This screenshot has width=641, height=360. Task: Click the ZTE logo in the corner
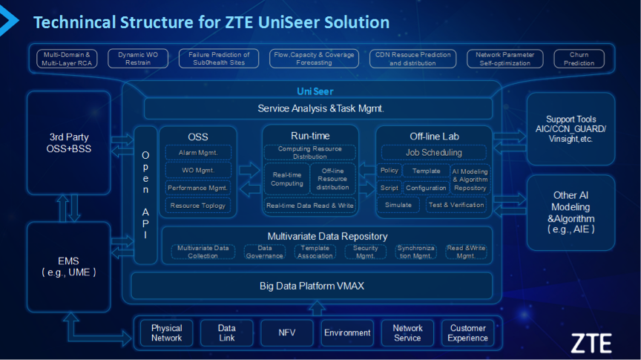[591, 342]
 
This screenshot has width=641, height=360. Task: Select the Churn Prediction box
[579, 59]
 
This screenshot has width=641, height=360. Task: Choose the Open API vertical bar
[145, 195]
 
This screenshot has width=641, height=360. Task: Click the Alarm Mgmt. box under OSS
[197, 153]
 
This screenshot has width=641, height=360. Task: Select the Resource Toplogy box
[197, 205]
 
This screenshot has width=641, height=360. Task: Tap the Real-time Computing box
[286, 179]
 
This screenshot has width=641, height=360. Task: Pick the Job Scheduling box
[433, 153]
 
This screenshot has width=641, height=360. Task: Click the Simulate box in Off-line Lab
[398, 205]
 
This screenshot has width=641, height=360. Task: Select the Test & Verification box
[457, 205]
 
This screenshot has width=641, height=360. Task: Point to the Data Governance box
[265, 252]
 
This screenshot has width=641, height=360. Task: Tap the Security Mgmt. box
[366, 252]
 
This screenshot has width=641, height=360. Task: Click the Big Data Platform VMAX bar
[312, 286]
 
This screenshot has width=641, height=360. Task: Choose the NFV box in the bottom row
[287, 333]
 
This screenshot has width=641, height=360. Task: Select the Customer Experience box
[468, 333]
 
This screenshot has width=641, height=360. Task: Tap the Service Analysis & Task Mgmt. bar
[320, 108]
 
